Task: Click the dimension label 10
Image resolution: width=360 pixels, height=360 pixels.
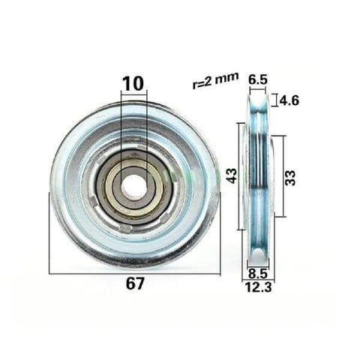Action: (133, 83)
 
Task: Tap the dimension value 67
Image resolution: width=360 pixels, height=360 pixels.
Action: (134, 283)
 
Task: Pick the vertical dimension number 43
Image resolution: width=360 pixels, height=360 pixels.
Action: (232, 176)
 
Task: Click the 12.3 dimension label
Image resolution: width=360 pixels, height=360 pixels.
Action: (258, 286)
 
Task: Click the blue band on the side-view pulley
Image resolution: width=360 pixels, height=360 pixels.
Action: (257, 180)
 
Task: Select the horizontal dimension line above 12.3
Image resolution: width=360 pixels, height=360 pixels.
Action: (258, 279)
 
